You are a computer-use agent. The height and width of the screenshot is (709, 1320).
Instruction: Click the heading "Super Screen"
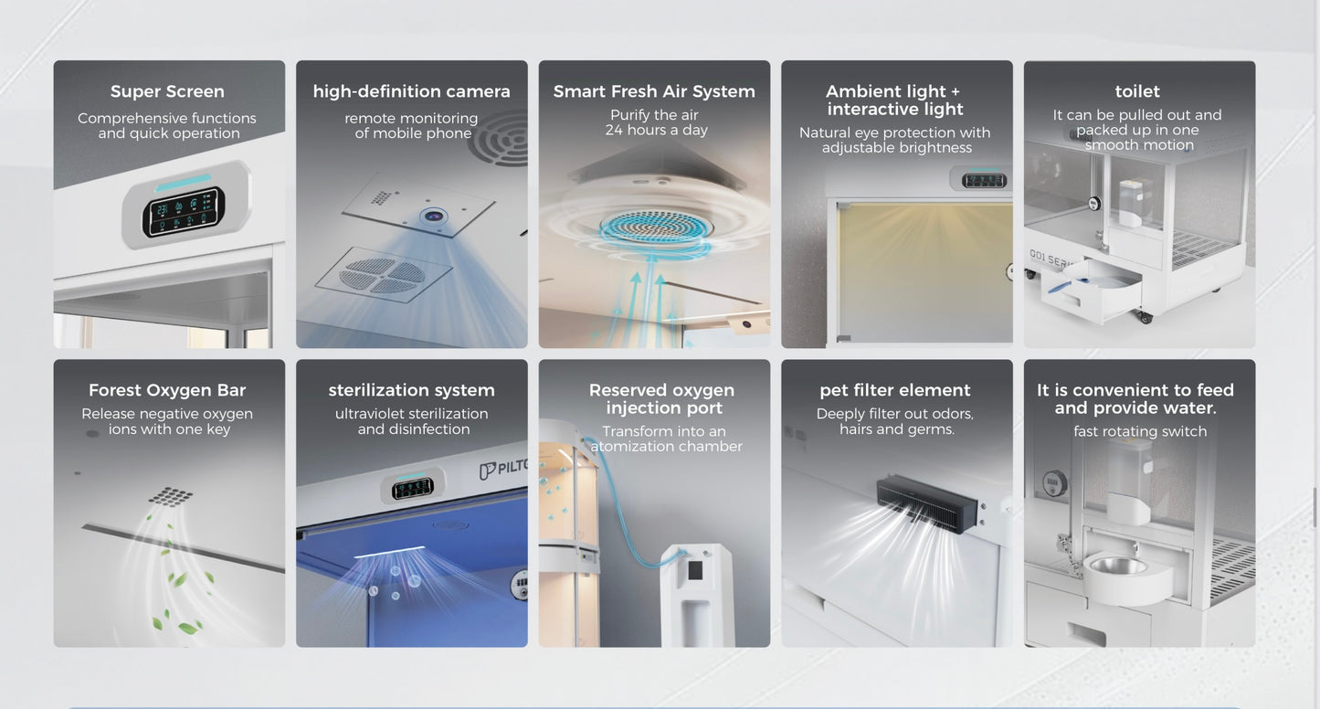click(x=167, y=91)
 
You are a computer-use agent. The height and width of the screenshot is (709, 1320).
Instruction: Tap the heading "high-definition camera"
click(x=411, y=91)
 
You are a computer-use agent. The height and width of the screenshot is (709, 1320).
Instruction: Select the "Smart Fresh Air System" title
click(x=654, y=91)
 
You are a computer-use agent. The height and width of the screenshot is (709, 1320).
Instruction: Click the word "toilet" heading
click(x=1137, y=91)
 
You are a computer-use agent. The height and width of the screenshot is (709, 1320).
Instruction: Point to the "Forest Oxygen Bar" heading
click(x=167, y=390)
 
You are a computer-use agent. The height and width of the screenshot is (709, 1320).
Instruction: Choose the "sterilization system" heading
click(x=411, y=390)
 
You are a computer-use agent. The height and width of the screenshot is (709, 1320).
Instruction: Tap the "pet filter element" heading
click(x=894, y=390)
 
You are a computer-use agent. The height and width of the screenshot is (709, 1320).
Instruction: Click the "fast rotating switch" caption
click(x=1140, y=431)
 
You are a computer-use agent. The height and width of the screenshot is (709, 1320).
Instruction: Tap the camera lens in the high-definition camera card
click(x=434, y=217)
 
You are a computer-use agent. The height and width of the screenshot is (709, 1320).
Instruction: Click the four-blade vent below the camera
click(x=383, y=275)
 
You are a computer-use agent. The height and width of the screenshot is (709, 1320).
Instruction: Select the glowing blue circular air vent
click(x=654, y=227)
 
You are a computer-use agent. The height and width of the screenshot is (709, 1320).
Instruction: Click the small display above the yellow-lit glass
click(x=984, y=180)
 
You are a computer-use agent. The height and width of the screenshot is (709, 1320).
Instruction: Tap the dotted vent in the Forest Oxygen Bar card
click(x=170, y=496)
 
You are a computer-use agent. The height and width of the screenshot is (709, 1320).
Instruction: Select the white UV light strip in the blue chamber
click(x=389, y=552)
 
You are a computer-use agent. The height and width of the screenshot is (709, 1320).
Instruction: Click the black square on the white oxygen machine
click(x=695, y=570)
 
